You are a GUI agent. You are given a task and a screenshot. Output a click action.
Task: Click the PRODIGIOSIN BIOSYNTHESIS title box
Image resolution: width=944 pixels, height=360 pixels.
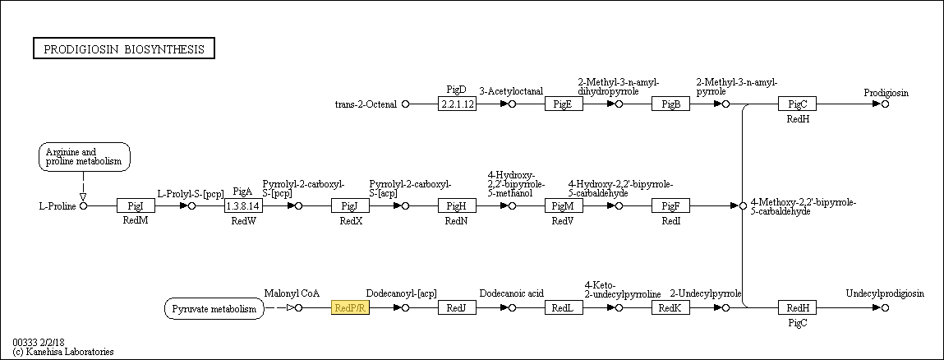point(123,48)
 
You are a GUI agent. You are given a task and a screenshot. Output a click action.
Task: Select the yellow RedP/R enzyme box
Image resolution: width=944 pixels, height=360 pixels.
point(350,308)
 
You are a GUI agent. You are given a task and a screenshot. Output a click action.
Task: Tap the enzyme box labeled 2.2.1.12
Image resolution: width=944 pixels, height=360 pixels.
point(457,104)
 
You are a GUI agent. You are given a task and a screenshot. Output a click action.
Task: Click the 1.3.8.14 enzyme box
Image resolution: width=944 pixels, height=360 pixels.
point(243,205)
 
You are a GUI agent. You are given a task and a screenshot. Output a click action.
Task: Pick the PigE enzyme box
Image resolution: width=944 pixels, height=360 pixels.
point(564,104)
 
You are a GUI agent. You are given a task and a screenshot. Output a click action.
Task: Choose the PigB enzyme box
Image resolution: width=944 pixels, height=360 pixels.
point(670,104)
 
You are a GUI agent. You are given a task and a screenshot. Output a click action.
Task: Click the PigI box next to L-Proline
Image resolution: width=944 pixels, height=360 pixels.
point(136,205)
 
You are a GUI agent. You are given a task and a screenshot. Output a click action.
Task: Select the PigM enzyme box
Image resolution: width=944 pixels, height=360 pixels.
point(564,205)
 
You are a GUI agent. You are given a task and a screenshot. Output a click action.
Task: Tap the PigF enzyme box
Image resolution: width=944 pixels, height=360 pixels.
point(670,205)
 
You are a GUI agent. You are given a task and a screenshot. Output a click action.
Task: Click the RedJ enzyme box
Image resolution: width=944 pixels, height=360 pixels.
point(457,308)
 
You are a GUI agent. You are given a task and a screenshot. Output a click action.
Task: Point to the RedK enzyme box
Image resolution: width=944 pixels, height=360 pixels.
point(670,308)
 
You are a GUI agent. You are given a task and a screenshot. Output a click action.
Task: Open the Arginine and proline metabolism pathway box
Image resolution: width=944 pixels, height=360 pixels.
point(85,156)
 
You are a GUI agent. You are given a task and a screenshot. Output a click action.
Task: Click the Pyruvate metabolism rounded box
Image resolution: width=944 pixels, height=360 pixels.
point(214,309)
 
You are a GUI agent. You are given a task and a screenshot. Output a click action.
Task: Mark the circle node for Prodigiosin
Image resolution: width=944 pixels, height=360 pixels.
point(885,104)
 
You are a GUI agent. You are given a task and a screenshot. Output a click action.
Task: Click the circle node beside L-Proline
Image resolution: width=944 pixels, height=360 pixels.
point(84,205)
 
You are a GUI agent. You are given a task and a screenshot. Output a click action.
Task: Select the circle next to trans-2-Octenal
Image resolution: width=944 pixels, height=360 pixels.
point(405,104)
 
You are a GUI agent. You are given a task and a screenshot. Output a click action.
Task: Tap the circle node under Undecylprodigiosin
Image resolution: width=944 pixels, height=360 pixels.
point(885,308)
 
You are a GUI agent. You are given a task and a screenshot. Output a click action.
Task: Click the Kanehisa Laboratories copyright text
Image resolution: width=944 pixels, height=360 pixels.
point(63,352)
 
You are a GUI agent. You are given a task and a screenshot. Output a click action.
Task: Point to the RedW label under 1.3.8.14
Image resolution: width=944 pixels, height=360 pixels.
point(243,221)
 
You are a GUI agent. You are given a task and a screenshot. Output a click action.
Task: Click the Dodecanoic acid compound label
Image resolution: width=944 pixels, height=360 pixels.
point(512,293)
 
